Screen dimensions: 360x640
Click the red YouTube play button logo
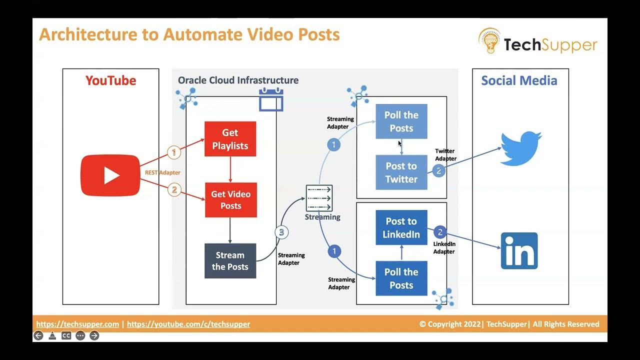pyautogui.click(x=110, y=175)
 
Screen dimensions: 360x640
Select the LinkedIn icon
pyautogui.click(x=519, y=250)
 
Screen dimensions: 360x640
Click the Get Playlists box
pyautogui.click(x=230, y=139)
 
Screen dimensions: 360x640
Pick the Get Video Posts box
pyautogui.click(x=230, y=199)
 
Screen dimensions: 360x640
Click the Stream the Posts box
pyautogui.click(x=230, y=260)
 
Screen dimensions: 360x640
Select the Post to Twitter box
pyautogui.click(x=401, y=172)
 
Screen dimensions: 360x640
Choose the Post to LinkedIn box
pyautogui.click(x=401, y=227)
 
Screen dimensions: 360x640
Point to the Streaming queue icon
pyautogui.click(x=319, y=198)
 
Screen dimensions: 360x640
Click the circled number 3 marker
pyautogui.click(x=281, y=232)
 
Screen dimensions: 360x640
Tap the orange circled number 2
pyautogui.click(x=174, y=190)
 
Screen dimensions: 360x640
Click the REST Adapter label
pyautogui.click(x=162, y=172)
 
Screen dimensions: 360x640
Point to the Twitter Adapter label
pyautogui.click(x=445, y=154)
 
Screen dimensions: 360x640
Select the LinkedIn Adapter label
pyautogui.click(x=444, y=248)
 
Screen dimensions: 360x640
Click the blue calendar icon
pyautogui.click(x=271, y=99)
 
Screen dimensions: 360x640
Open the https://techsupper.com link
pyautogui.click(x=77, y=324)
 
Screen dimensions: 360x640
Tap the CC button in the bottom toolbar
pyautogui.click(x=66, y=336)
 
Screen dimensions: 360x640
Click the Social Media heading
pyautogui.click(x=519, y=80)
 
